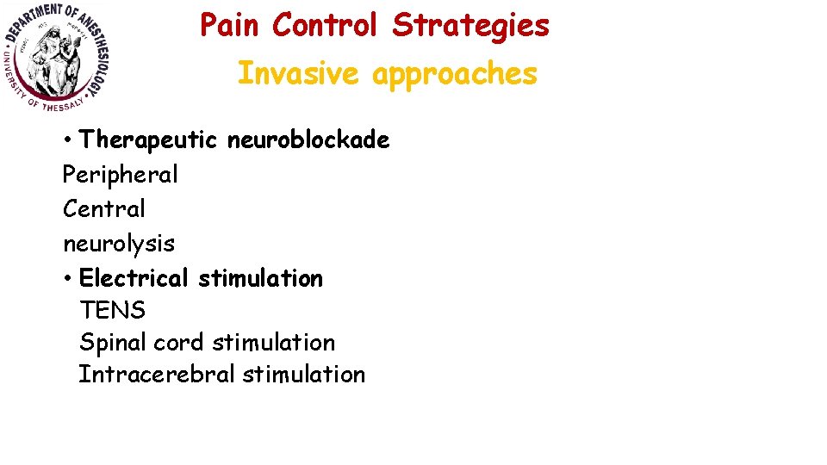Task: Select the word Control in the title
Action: (325, 26)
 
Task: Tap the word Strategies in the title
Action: (470, 26)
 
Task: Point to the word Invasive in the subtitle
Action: (298, 74)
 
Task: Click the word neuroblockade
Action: (308, 139)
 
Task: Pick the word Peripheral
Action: (120, 175)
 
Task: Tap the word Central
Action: (104, 208)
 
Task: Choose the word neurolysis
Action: (119, 244)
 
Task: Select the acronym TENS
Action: (112, 310)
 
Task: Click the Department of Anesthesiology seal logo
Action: (57, 57)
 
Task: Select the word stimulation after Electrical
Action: (260, 278)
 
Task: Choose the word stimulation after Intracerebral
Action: (304, 375)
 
